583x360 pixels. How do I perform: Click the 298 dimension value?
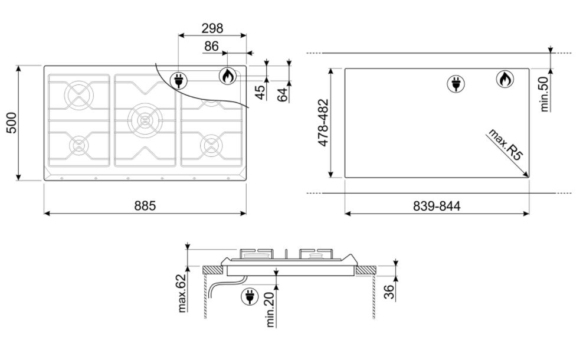[212, 28]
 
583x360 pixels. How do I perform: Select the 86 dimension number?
[211, 46]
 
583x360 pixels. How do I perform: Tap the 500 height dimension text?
[12, 123]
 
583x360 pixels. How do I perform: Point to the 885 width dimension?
[145, 205]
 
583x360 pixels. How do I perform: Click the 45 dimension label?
[261, 92]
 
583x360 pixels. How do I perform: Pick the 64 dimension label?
[283, 94]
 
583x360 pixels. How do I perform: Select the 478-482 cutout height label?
[323, 123]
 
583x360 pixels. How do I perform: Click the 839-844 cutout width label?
[437, 206]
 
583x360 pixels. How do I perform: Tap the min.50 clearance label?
[543, 94]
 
